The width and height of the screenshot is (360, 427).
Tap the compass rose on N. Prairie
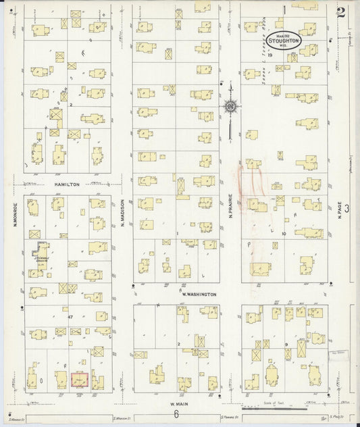[230, 105]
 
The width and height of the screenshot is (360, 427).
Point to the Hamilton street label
[68, 184]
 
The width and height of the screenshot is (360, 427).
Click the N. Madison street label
[123, 212]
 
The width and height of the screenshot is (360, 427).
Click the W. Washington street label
[199, 295]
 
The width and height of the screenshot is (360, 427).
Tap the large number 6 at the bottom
[175, 416]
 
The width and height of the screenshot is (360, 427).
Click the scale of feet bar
[274, 409]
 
